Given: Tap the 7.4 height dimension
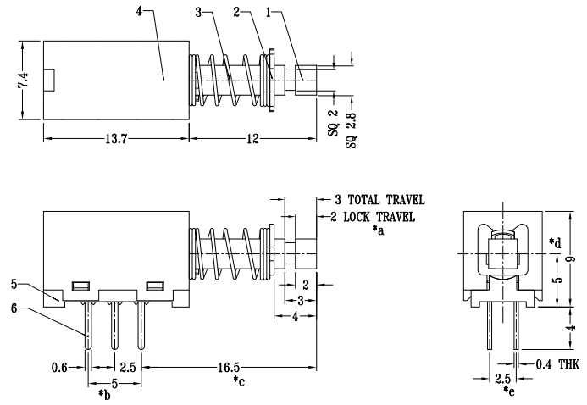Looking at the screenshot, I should [x=24, y=81].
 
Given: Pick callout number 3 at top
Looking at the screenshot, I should [x=199, y=12].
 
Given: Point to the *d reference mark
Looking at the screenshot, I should [x=555, y=244].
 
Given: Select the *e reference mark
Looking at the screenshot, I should [x=509, y=394].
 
